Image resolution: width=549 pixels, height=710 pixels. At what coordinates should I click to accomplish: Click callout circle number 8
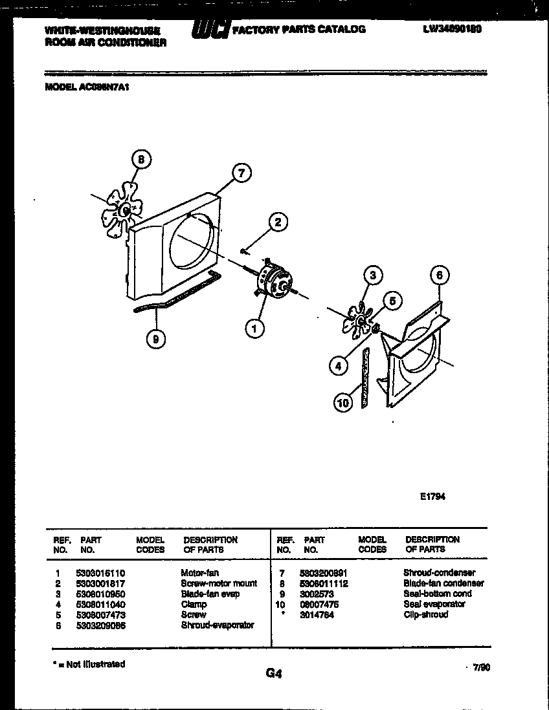142,159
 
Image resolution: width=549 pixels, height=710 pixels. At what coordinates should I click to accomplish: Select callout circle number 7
241,173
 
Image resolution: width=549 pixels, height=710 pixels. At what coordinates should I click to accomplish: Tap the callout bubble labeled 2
278,223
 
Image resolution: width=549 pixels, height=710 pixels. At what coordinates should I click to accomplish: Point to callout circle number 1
254,328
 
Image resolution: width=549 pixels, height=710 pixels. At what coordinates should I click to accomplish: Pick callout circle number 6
440,276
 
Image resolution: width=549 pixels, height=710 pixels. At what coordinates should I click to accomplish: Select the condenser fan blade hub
125,210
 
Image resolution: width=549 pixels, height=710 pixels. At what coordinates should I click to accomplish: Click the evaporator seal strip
364,378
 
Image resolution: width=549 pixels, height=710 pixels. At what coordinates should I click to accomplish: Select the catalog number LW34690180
451,29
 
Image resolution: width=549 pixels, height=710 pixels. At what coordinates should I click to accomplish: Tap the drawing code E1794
432,497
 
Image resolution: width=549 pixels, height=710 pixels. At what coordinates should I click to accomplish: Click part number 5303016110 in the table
100,573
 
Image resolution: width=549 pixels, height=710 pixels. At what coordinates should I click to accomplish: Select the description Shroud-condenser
439,573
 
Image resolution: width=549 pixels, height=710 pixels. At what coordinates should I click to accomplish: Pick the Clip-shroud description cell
425,614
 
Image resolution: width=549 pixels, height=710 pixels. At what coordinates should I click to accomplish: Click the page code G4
274,674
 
